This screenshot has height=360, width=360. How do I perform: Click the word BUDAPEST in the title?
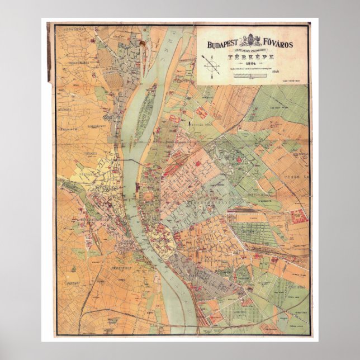tap(224, 44)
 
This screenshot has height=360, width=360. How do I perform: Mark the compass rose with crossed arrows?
tap(212, 65)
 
